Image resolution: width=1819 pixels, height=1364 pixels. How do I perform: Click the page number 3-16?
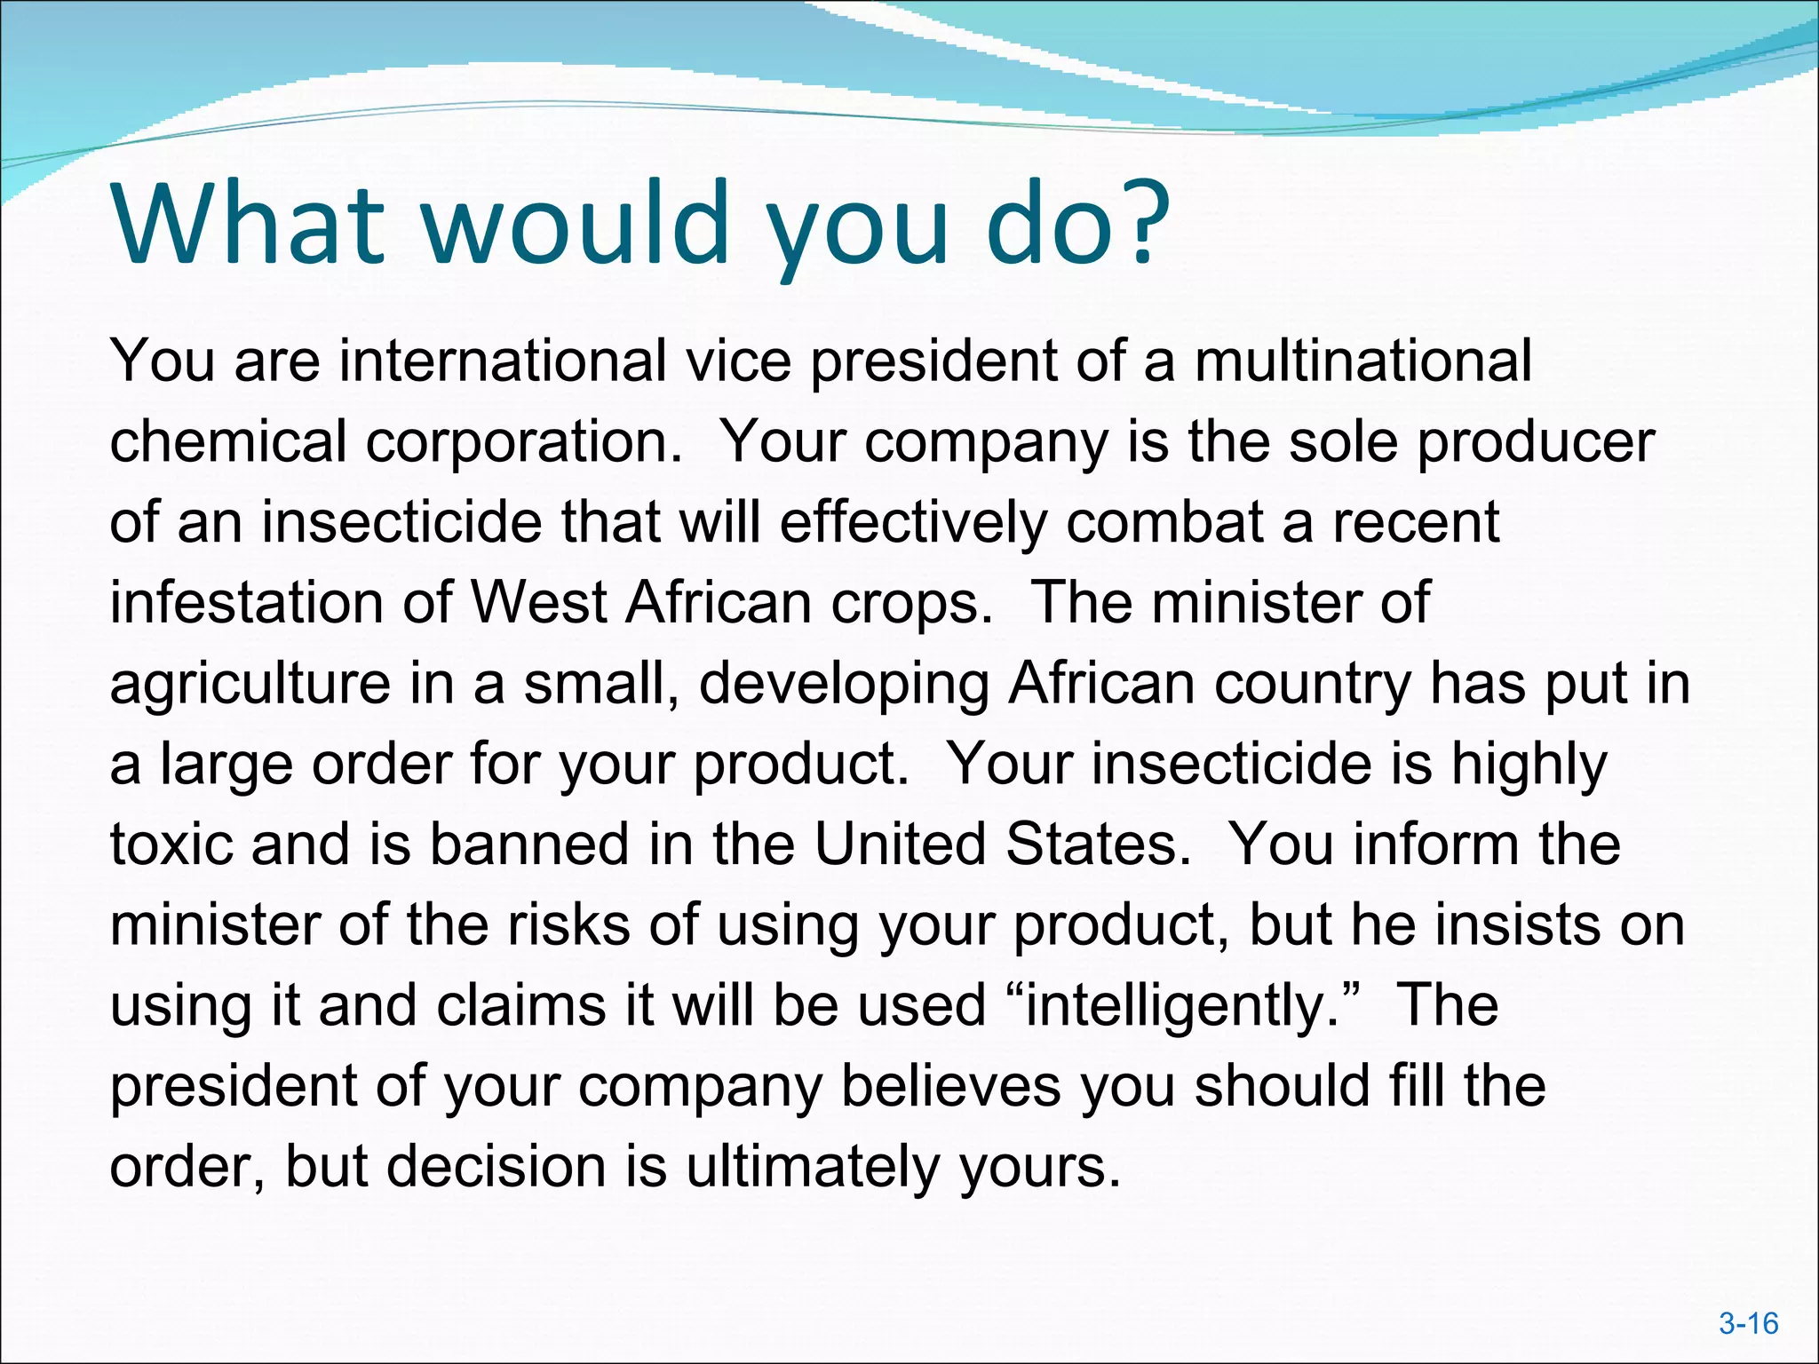(1748, 1324)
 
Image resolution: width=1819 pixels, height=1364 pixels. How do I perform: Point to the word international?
(503, 361)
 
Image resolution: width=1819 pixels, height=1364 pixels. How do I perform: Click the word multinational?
(1362, 361)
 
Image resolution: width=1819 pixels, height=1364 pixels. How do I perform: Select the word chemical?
(227, 441)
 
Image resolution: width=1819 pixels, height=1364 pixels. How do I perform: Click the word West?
(538, 603)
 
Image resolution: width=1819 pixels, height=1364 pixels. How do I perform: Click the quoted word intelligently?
(1172, 1007)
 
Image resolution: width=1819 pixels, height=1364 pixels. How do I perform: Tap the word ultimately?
(812, 1167)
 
